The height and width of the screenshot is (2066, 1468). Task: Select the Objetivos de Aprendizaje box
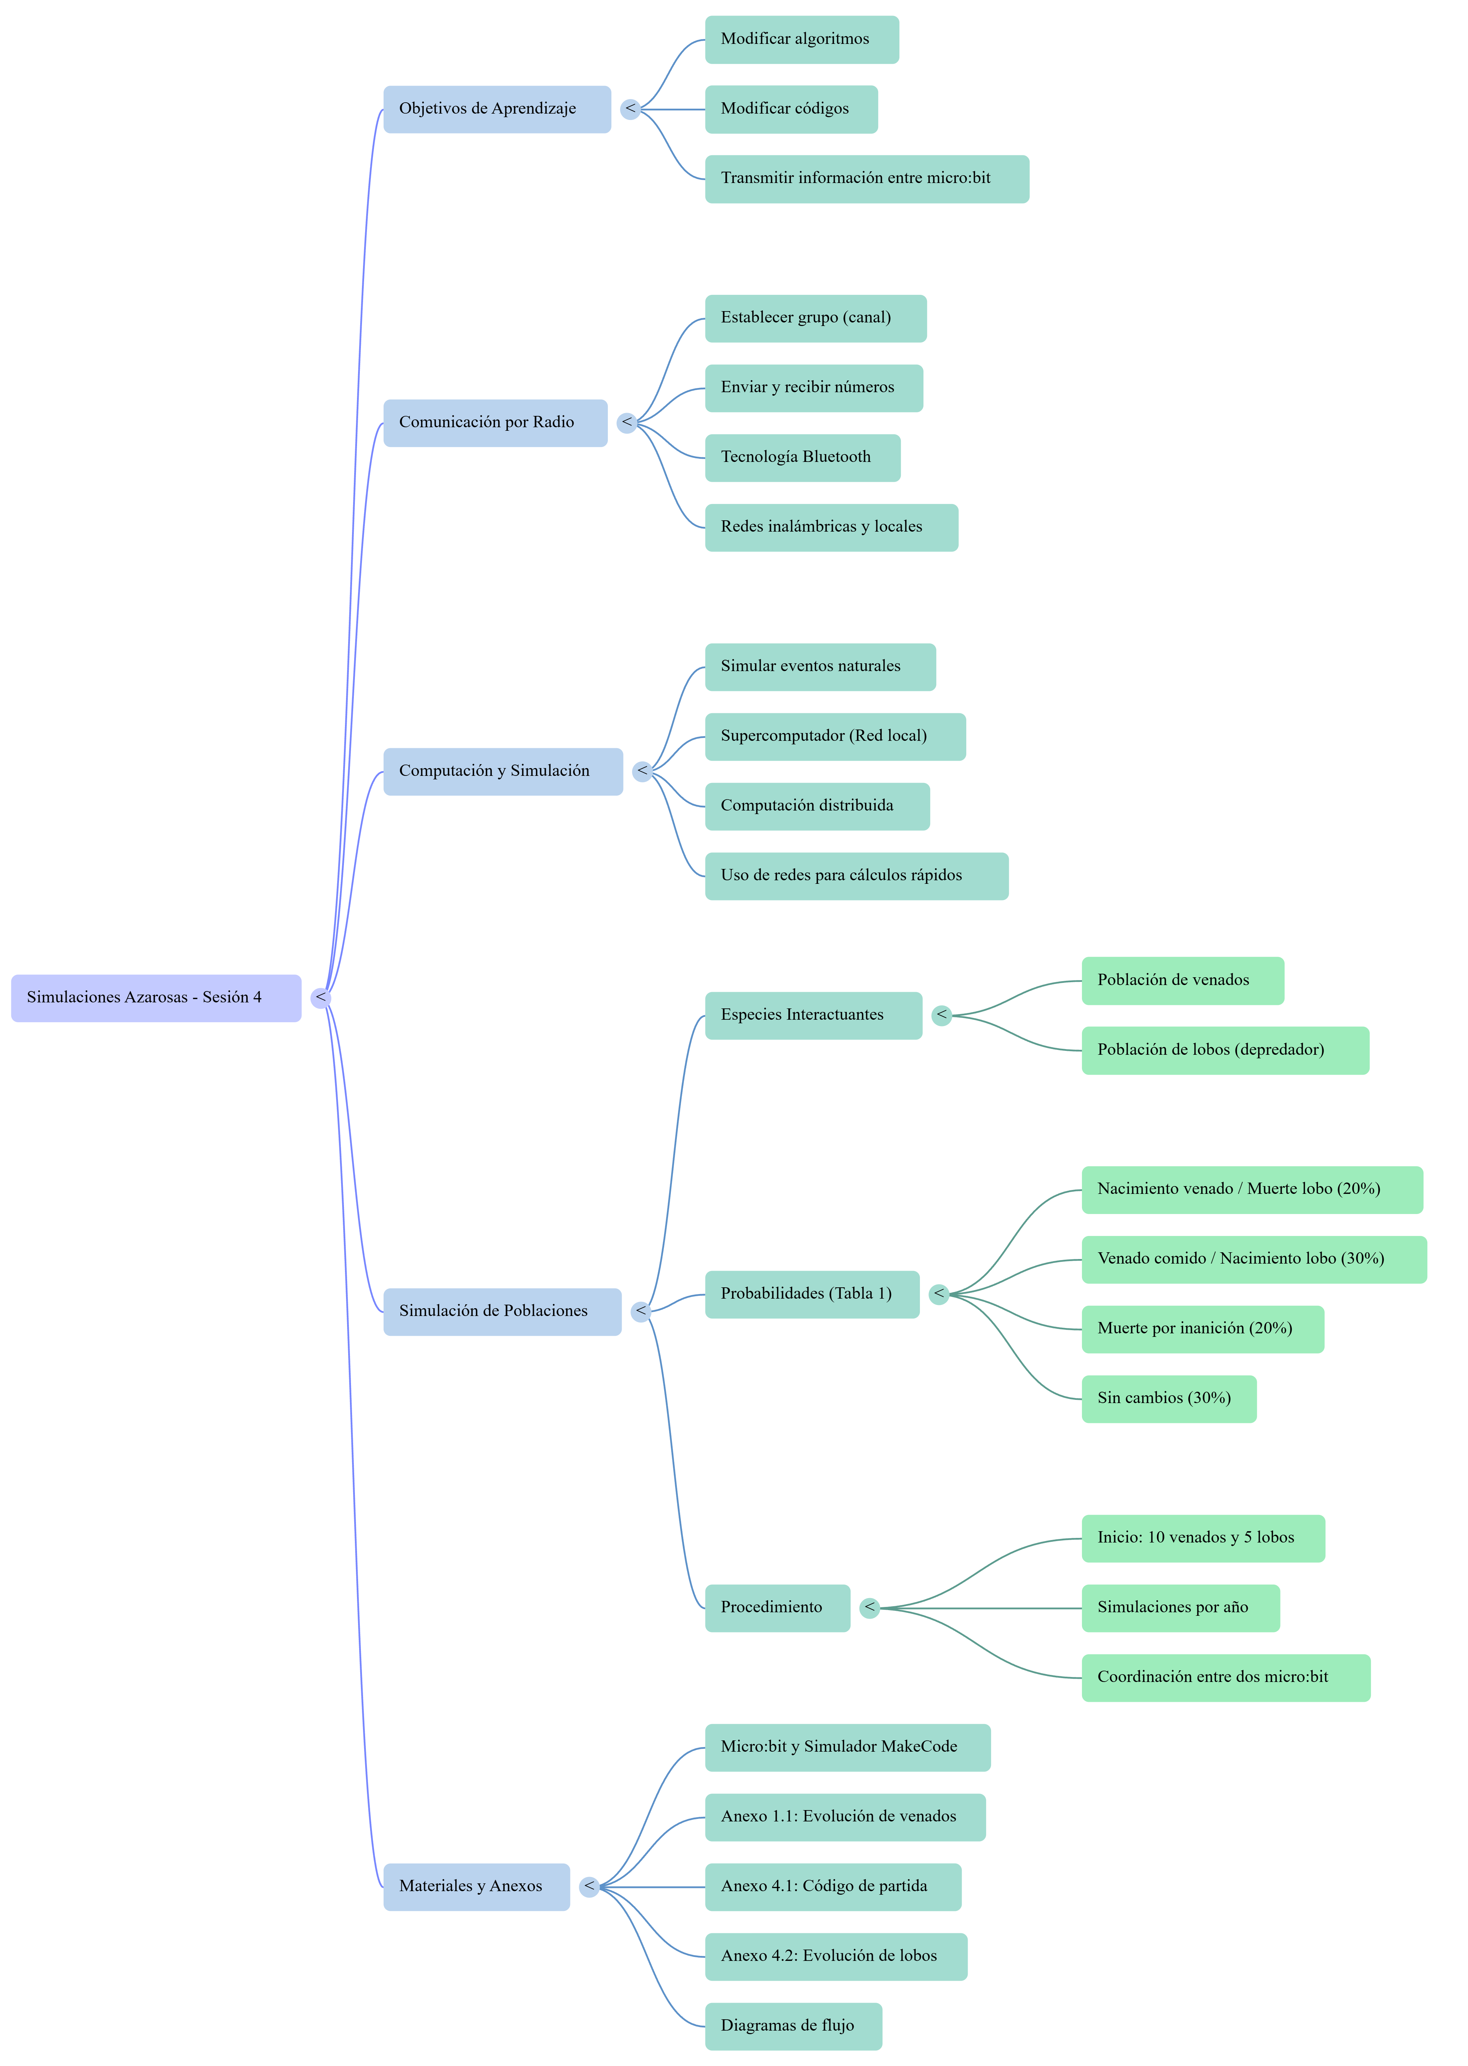pyautogui.click(x=497, y=109)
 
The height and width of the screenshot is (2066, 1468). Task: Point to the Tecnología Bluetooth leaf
pyautogui.click(x=803, y=458)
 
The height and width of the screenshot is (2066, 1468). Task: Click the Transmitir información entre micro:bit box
pyautogui.click(x=867, y=179)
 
